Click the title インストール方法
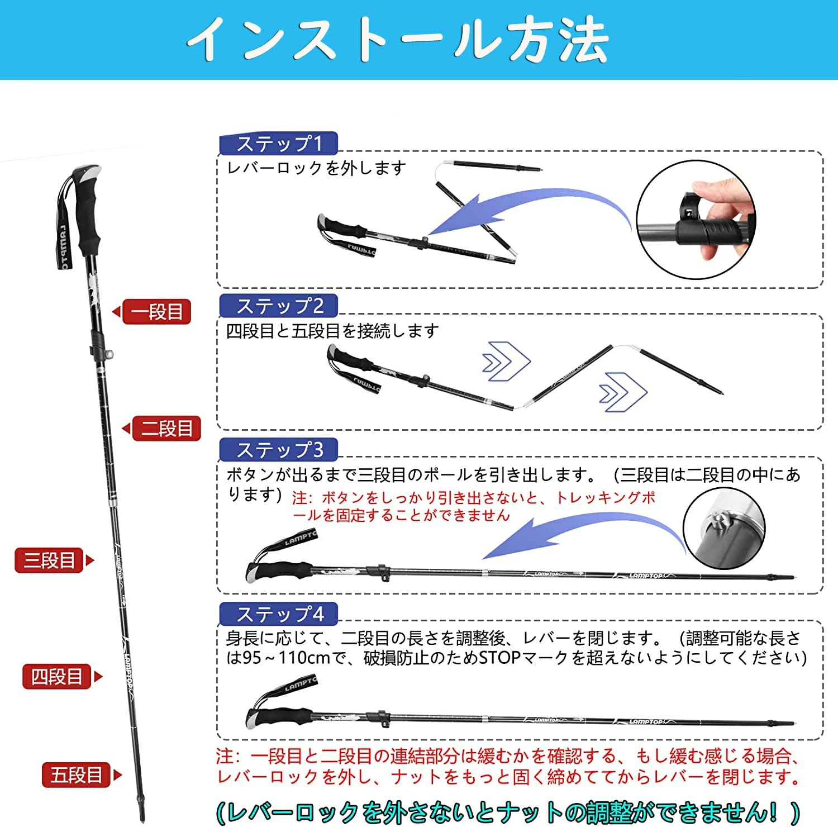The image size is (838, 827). click(x=398, y=39)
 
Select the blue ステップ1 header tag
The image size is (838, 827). click(x=279, y=143)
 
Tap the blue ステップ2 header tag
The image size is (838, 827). click(x=279, y=306)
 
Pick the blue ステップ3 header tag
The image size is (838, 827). click(x=279, y=449)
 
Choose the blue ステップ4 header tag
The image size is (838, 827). click(x=279, y=614)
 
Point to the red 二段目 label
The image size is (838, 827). click(x=161, y=429)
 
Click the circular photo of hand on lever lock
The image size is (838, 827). click(x=696, y=220)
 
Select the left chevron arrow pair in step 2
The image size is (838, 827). click(x=506, y=361)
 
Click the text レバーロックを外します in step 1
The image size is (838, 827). click(x=316, y=168)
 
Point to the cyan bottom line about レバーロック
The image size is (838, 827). click(x=508, y=811)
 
